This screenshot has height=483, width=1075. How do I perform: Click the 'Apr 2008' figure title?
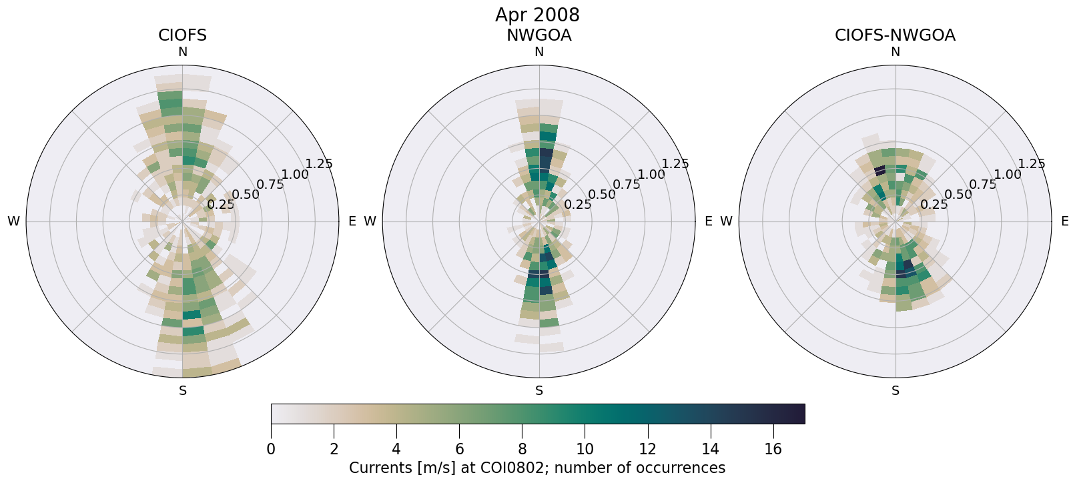(537, 15)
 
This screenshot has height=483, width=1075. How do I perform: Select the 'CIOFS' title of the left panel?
(182, 35)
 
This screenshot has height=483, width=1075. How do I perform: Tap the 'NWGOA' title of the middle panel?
(539, 35)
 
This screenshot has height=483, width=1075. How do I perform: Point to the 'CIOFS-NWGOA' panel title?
(895, 35)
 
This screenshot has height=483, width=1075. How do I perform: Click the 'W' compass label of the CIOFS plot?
(13, 221)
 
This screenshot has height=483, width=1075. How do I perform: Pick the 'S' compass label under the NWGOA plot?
(539, 391)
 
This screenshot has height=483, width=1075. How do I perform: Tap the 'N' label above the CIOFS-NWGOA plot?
(895, 52)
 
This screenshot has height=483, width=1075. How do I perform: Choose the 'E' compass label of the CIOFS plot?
(352, 221)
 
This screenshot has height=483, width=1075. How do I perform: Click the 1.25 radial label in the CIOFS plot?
(318, 163)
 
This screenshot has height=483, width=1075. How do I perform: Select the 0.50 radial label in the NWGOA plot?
(602, 194)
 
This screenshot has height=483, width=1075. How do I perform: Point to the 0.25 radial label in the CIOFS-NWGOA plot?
(934, 204)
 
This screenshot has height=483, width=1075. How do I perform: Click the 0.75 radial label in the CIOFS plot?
(270, 184)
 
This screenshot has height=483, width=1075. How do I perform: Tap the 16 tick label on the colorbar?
(773, 450)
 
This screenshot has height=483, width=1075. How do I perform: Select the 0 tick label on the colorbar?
(271, 450)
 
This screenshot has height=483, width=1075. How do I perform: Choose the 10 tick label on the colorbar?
(585, 450)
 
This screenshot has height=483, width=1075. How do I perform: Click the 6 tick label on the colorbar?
(459, 450)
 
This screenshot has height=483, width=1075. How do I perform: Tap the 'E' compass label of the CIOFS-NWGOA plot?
(1064, 221)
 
